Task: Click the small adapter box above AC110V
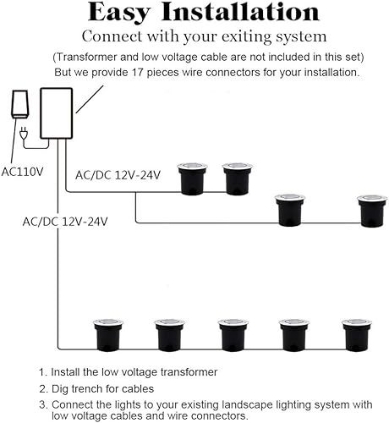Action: coord(18,105)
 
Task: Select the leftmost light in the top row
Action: coord(192,179)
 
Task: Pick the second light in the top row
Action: coord(237,179)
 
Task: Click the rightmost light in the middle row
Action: coord(371,211)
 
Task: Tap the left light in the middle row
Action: coord(290,211)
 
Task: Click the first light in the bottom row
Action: coord(107,334)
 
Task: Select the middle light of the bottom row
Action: coord(232,334)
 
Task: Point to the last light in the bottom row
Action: coord(356,334)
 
